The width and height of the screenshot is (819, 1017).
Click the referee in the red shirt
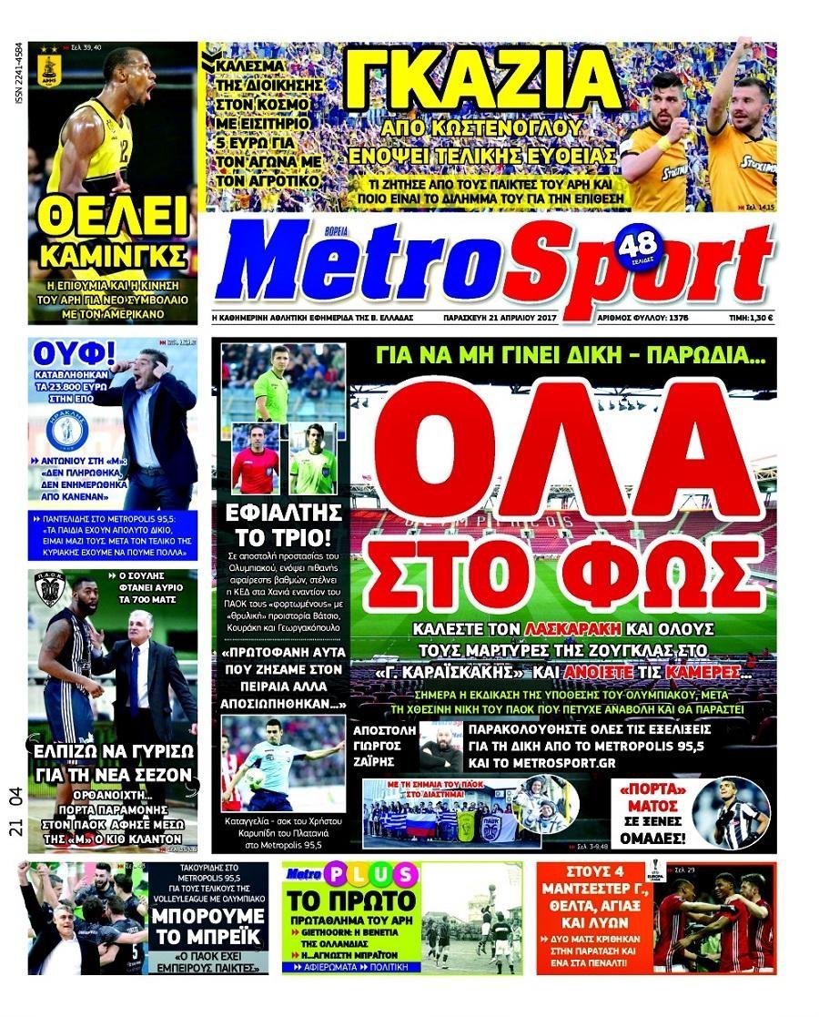pos(255,461)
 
